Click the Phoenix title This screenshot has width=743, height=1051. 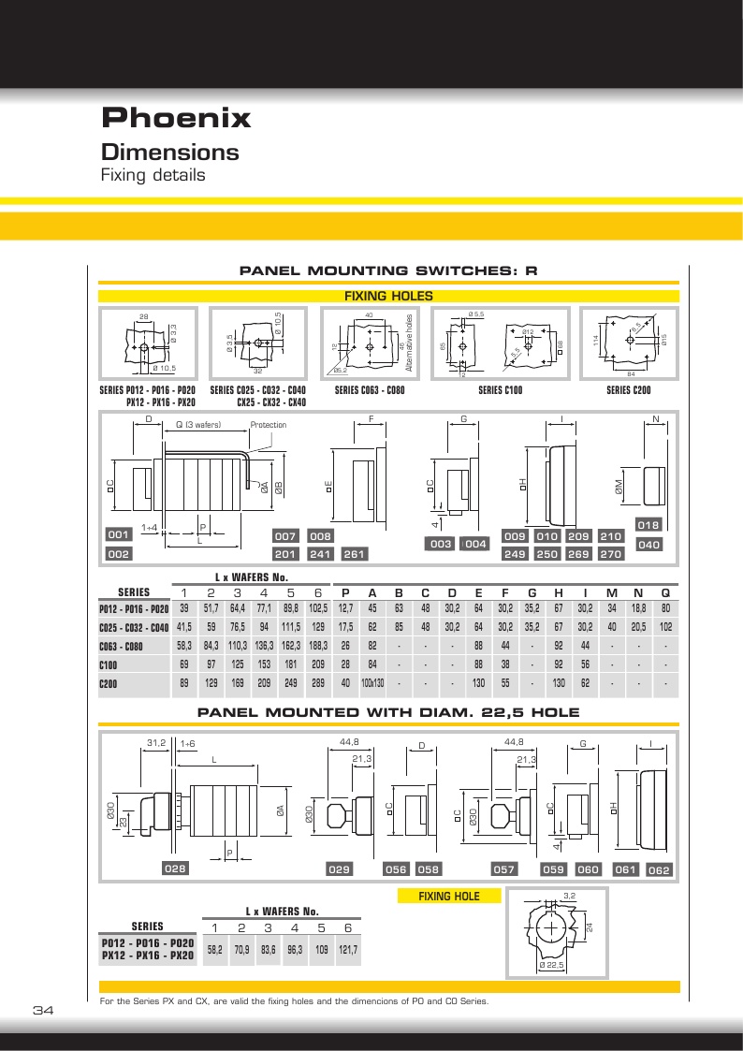(176, 118)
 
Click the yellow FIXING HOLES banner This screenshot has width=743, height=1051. (388, 296)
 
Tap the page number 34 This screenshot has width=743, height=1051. (44, 1010)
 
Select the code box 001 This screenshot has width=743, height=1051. (118, 534)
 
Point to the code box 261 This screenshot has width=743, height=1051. (354, 554)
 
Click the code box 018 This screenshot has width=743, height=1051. (648, 525)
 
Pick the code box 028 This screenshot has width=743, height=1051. (176, 869)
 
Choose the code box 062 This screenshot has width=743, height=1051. (660, 870)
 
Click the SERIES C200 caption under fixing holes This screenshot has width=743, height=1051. (629, 390)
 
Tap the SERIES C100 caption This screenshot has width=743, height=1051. (500, 390)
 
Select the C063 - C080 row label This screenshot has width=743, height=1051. (122, 646)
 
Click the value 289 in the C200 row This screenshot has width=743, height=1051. (317, 683)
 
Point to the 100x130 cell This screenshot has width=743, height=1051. (372, 683)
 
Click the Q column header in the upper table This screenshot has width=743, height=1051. (665, 591)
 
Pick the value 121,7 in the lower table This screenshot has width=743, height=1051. (348, 949)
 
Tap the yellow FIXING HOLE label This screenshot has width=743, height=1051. (449, 896)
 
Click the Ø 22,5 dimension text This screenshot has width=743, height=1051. (552, 964)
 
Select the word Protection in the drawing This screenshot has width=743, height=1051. (268, 425)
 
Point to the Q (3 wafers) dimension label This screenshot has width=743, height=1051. (198, 425)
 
